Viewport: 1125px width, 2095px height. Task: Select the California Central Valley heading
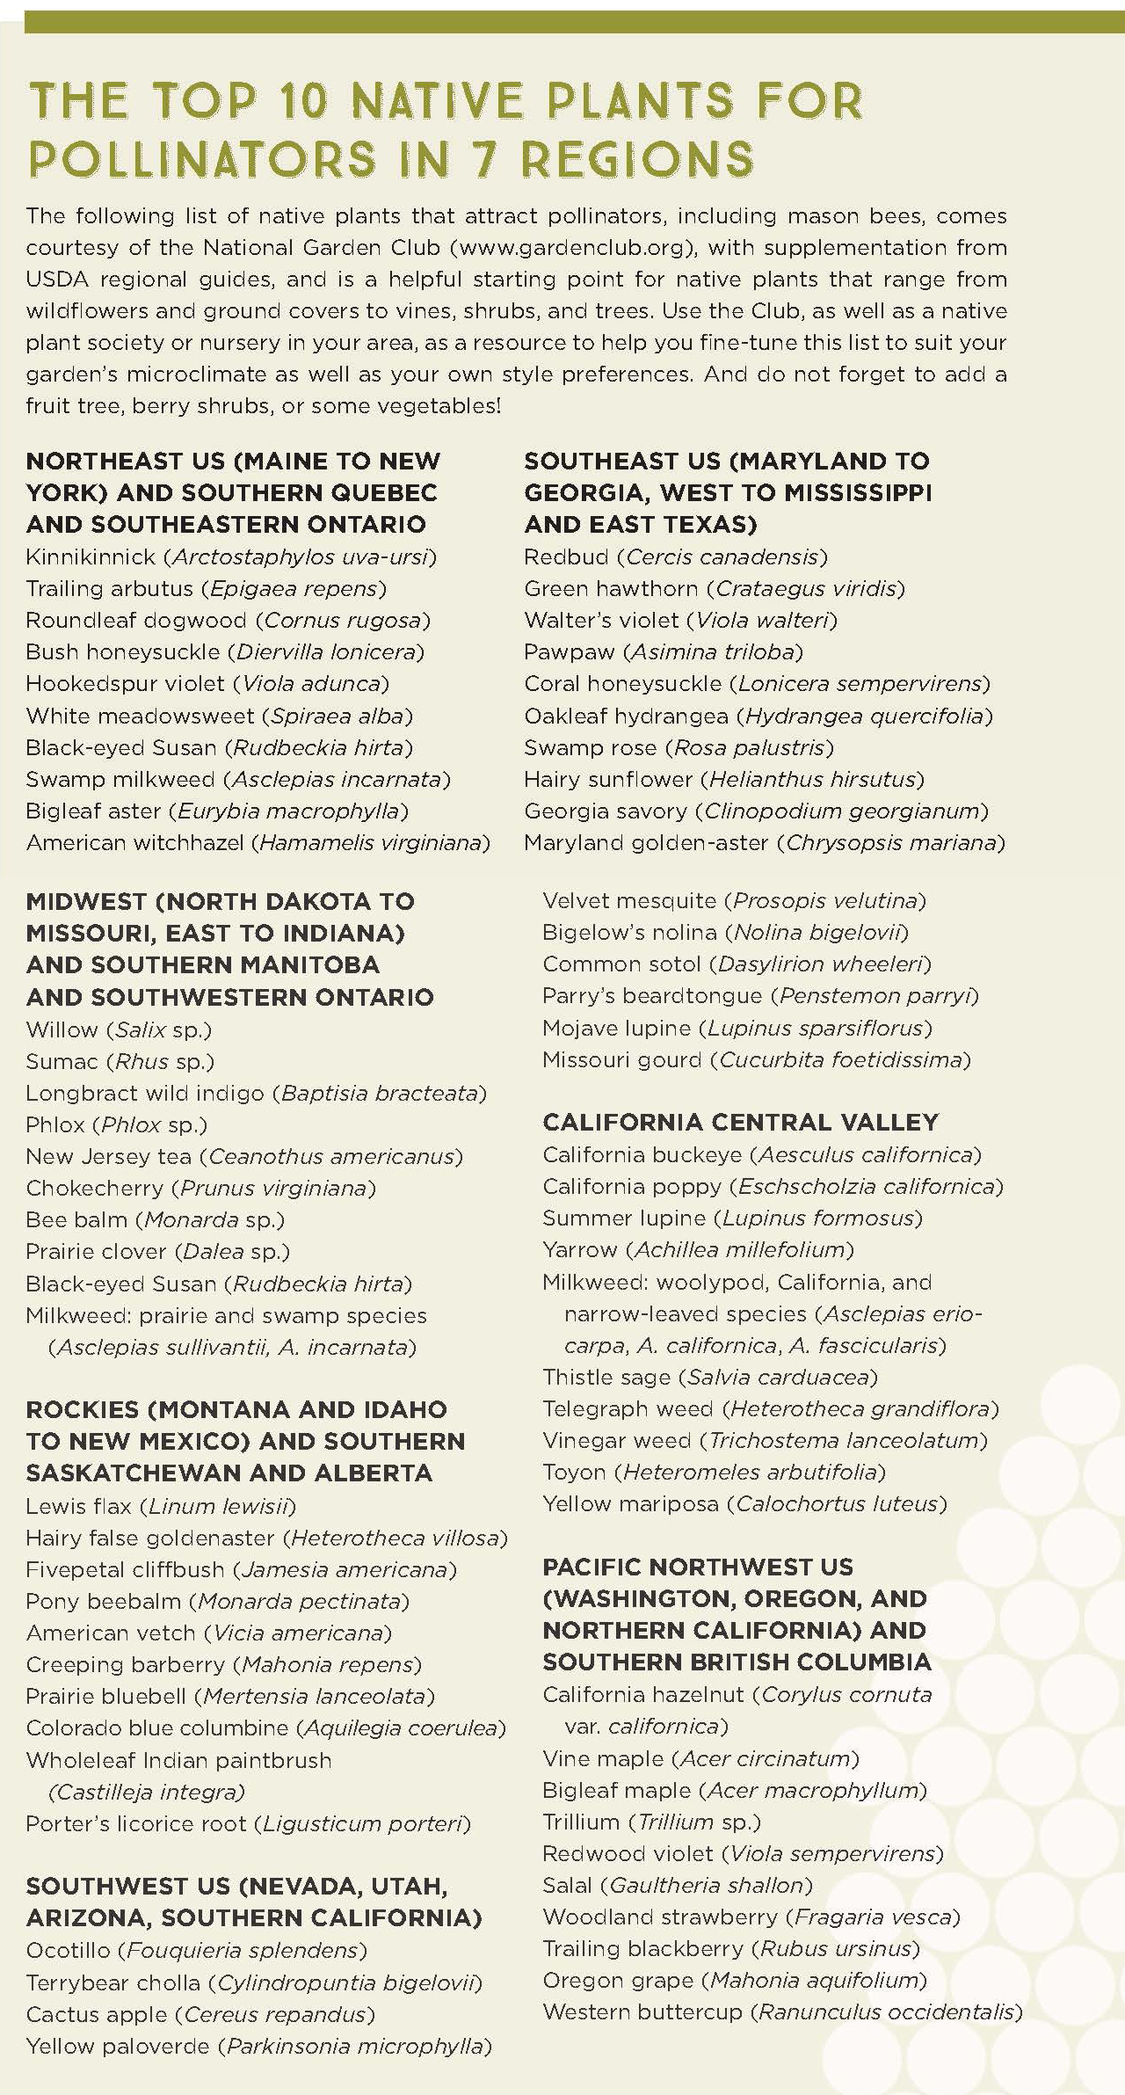tap(740, 1122)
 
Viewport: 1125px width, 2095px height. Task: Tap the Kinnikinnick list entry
tap(231, 556)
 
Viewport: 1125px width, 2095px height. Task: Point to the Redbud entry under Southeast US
tap(675, 556)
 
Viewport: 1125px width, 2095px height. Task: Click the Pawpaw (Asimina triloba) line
tap(663, 651)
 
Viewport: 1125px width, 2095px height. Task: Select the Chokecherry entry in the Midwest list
tap(200, 1188)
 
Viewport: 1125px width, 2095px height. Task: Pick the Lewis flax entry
tap(161, 1506)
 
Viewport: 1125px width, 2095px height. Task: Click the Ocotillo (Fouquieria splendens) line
tap(196, 1950)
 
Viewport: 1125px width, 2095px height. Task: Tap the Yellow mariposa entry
tap(744, 1503)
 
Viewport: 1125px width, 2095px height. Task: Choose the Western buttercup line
tap(782, 2011)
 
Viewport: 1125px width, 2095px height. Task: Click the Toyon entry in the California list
tap(714, 1472)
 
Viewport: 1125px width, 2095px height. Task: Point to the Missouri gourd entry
tap(756, 1059)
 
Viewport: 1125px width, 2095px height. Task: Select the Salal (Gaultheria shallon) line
tap(677, 1885)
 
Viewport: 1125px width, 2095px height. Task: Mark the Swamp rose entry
tap(679, 747)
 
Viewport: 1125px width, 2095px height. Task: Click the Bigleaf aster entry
tap(217, 811)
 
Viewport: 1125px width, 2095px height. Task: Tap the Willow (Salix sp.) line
tap(119, 1029)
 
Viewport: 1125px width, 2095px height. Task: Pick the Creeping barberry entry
tap(223, 1664)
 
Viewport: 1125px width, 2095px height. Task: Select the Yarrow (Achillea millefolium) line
tap(698, 1249)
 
